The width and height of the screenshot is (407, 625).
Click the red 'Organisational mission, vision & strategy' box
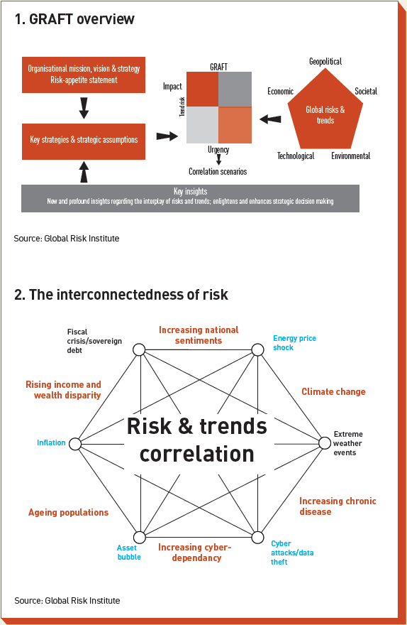[84, 75]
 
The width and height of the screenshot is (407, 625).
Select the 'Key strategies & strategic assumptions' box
[84, 139]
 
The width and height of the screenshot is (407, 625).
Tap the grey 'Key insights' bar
[190, 197]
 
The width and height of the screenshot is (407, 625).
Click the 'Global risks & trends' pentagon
[325, 114]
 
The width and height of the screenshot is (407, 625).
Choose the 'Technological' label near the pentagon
[296, 156]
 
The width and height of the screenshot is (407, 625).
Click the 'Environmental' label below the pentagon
[350, 156]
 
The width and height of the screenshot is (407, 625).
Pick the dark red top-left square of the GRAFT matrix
[202, 89]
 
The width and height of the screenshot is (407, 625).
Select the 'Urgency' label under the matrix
[218, 150]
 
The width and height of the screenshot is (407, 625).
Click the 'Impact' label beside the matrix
[172, 87]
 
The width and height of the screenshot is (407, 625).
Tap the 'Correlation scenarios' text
[218, 171]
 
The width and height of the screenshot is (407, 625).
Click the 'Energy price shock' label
[294, 343]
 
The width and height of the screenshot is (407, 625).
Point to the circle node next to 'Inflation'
[75, 444]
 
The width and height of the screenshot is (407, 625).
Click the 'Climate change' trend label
[333, 391]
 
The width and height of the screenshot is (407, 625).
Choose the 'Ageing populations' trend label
[68, 512]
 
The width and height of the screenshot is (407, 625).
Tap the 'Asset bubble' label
[129, 552]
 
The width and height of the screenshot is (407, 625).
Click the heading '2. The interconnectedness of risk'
[121, 294]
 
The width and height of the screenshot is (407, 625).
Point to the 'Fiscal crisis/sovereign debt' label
[94, 341]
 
